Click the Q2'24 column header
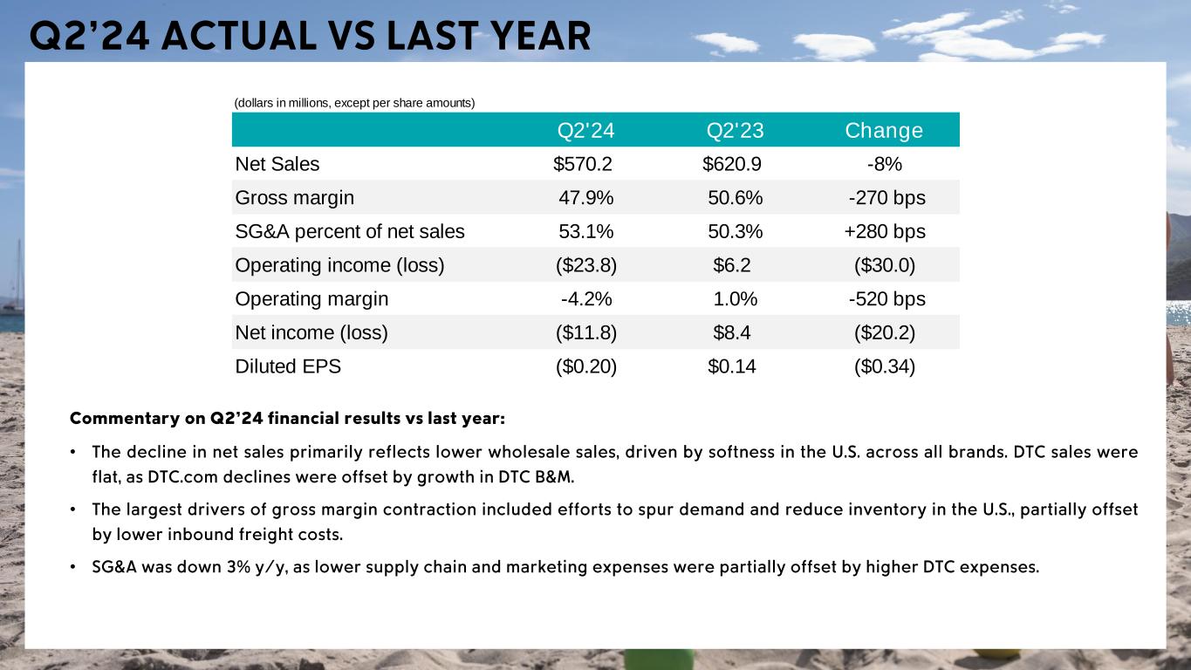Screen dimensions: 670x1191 (586, 131)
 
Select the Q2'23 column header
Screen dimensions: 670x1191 (736, 131)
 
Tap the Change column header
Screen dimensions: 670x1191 (884, 131)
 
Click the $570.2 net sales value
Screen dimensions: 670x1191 (583, 164)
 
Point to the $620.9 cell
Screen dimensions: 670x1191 (733, 164)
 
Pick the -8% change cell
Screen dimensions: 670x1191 (884, 164)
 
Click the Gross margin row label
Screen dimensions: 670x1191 (295, 198)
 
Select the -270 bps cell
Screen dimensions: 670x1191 (886, 198)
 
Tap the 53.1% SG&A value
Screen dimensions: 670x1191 (585, 232)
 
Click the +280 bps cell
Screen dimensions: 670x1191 (885, 232)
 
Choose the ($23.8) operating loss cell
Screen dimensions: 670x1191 (586, 266)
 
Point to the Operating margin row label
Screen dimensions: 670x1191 (311, 299)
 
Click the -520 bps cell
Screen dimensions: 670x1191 (886, 299)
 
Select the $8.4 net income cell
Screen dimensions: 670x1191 (732, 333)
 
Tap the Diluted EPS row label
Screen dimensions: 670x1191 (288, 366)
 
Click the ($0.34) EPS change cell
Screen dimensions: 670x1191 (885, 366)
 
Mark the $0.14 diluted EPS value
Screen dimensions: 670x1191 (732, 366)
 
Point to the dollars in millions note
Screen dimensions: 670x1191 (354, 103)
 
